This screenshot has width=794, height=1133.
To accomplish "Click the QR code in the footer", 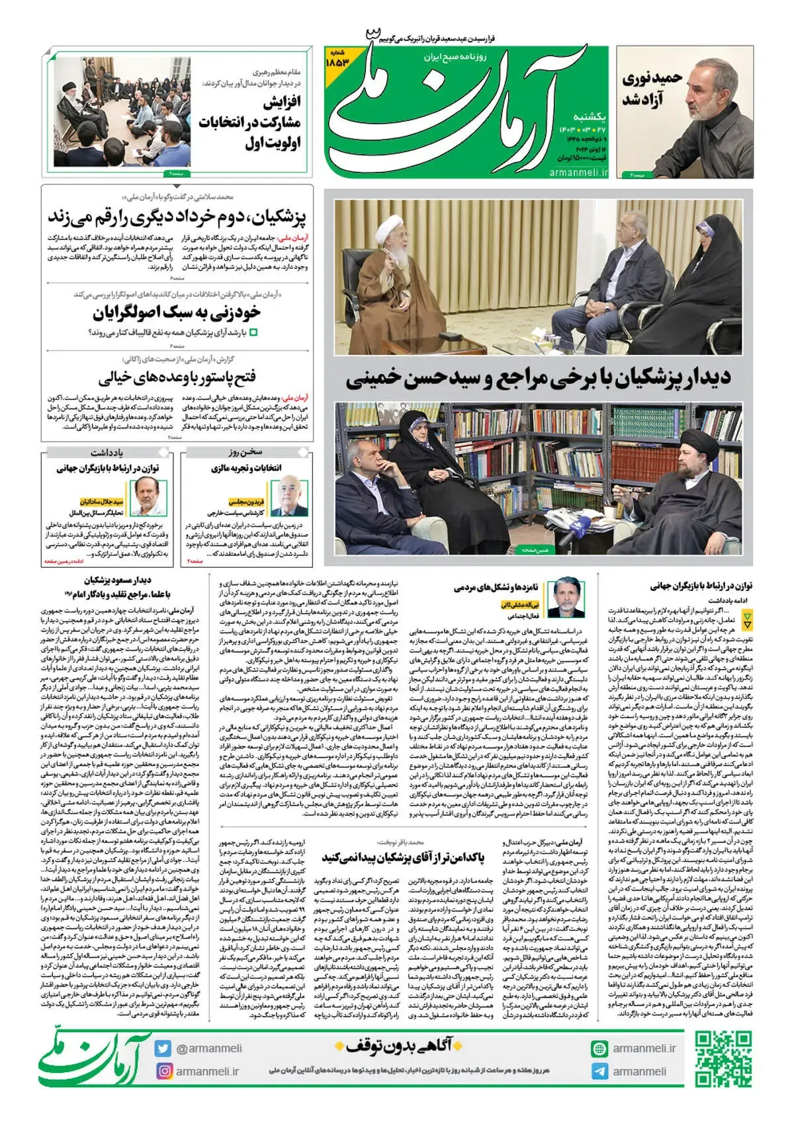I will tap(723, 1059).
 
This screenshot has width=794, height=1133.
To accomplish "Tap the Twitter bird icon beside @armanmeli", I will tap(163, 1048).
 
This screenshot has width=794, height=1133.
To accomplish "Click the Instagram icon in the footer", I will tap(163, 1071).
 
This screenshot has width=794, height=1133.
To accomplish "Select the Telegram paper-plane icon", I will tap(599, 1072).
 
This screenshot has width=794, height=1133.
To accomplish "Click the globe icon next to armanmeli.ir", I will tap(599, 1049).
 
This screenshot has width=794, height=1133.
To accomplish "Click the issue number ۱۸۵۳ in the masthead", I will tap(337, 59).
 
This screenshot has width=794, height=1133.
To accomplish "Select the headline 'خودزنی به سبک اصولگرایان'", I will tap(177, 312).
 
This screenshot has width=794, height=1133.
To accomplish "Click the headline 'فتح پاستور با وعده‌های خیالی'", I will tap(177, 377).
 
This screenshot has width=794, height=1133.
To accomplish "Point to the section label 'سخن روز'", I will tap(245, 452).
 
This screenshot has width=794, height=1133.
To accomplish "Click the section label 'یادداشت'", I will tap(107, 452).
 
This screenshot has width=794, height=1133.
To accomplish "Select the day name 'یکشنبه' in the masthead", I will tap(588, 117).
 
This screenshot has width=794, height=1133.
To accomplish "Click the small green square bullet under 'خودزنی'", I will tap(253, 332).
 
